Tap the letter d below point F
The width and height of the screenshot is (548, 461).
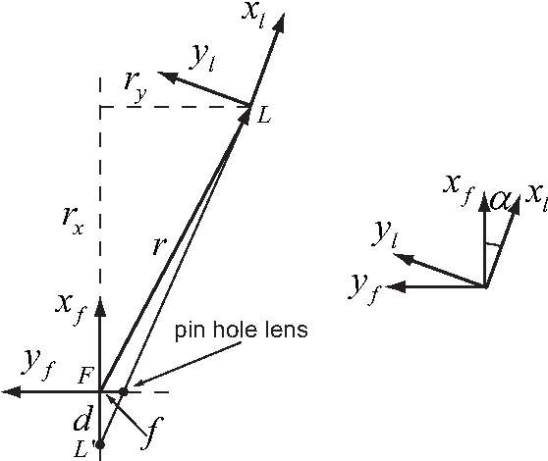(83, 423)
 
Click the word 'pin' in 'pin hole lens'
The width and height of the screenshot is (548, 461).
(191, 332)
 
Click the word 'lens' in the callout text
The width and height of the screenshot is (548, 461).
(286, 331)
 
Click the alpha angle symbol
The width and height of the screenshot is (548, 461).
(500, 200)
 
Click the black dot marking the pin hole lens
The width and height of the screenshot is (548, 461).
(123, 392)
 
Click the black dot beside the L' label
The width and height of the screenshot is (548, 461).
(100, 444)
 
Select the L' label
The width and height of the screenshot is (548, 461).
(83, 447)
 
